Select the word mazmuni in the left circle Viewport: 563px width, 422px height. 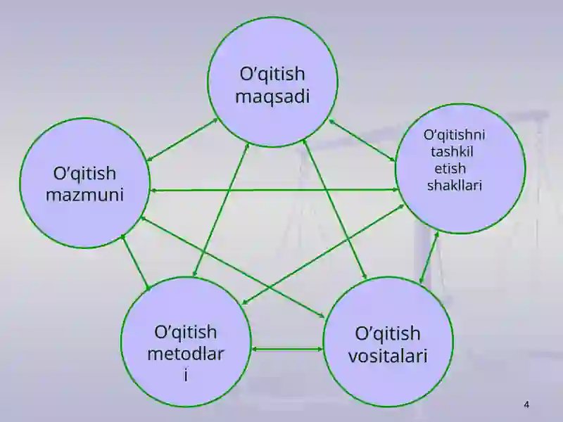(84, 195)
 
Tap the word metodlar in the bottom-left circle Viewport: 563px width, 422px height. (186, 354)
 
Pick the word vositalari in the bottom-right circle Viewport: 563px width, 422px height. (388, 356)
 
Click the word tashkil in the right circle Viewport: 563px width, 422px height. (452, 151)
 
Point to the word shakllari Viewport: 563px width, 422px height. (454, 185)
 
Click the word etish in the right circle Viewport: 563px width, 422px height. (450, 168)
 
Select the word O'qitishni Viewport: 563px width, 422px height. (454, 135)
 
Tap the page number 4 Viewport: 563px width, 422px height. (526, 405)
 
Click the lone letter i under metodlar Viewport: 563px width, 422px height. (186, 376)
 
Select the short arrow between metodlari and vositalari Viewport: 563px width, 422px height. (287, 348)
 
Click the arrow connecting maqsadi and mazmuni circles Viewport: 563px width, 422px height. (182, 139)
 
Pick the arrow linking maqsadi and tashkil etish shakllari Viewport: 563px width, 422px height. (362, 140)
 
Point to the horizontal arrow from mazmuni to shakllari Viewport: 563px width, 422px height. (274, 190)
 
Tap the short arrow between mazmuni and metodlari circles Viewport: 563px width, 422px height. (135, 262)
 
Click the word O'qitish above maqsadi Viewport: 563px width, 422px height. (272, 75)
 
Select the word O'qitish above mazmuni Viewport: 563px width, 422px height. (84, 174)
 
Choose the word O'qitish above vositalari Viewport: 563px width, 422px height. (388, 334)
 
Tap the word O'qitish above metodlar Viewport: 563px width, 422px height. (186, 333)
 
